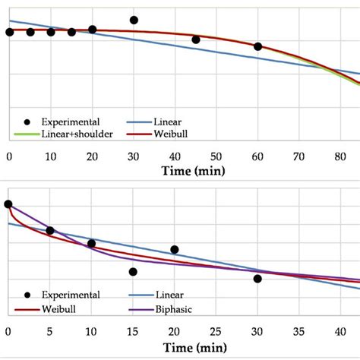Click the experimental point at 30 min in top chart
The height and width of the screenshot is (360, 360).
[x=134, y=21]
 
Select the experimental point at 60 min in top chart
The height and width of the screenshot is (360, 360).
[x=257, y=46]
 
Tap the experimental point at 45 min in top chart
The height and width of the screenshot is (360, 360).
[x=196, y=39]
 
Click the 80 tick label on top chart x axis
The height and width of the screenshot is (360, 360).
[x=339, y=156]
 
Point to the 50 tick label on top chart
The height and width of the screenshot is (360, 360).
[x=216, y=156]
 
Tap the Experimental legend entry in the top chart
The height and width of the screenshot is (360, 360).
[x=69, y=121]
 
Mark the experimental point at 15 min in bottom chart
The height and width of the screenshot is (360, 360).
[x=133, y=272]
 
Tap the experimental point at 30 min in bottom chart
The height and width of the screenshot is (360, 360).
[x=257, y=279]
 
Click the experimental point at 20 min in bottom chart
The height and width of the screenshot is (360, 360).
[x=175, y=249]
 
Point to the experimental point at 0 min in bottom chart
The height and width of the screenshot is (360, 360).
[x=8, y=204]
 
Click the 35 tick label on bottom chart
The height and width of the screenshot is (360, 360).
[x=299, y=331]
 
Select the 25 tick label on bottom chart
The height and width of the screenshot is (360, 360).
[x=216, y=331]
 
